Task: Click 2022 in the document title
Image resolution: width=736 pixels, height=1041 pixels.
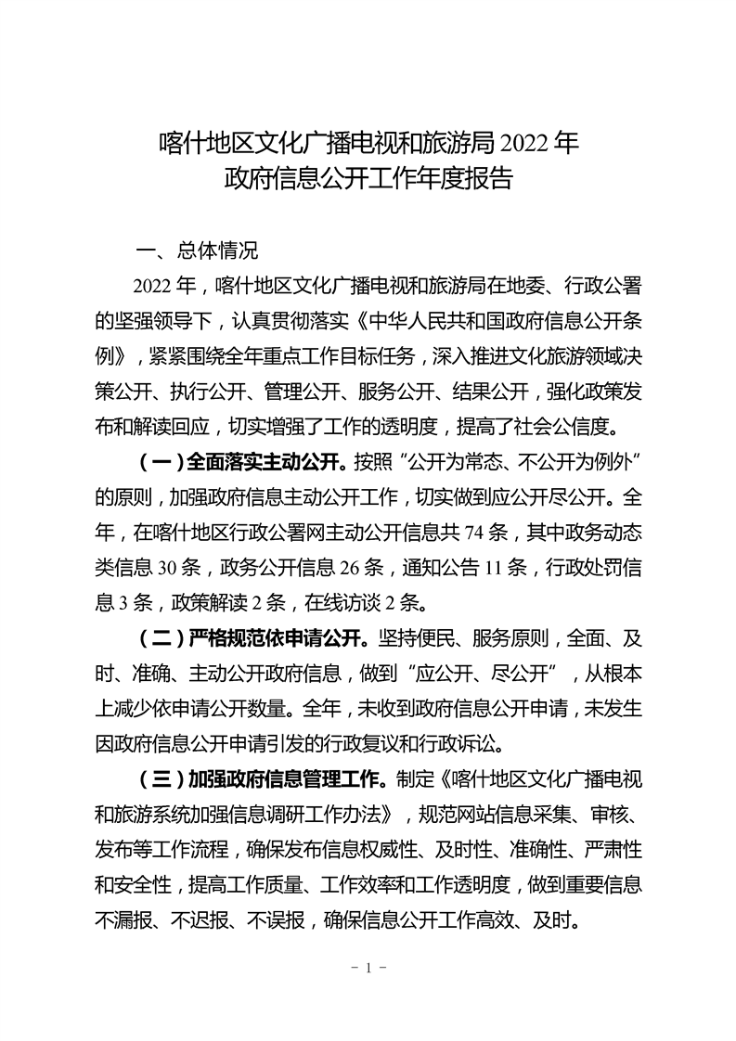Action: [x=524, y=144]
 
